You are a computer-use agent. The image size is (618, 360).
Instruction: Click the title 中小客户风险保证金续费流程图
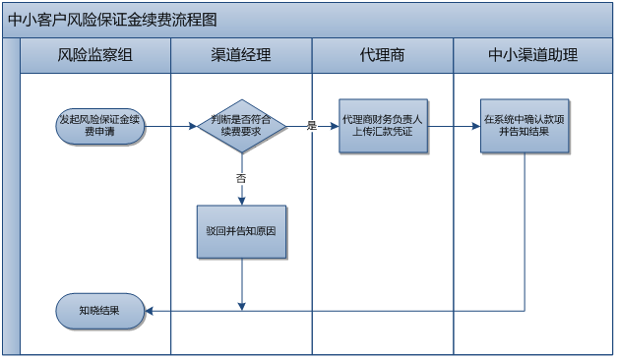[112, 20]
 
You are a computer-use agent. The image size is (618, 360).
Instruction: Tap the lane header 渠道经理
[241, 55]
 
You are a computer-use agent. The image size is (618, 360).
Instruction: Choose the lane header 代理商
[383, 55]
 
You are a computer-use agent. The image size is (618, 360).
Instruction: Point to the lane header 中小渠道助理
[532, 55]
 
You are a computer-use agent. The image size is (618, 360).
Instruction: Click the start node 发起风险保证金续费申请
[100, 126]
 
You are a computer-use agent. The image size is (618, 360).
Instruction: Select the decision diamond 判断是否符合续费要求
[241, 126]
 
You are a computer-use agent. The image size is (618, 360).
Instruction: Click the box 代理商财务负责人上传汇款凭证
[383, 126]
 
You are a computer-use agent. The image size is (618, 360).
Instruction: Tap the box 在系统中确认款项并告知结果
[525, 126]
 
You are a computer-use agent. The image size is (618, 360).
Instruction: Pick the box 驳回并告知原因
[241, 232]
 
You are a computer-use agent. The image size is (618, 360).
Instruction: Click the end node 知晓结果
[100, 311]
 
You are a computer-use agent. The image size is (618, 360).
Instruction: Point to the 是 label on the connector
[311, 126]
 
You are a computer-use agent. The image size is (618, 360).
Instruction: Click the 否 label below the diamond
[241, 179]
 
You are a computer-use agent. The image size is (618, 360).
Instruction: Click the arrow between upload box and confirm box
[453, 126]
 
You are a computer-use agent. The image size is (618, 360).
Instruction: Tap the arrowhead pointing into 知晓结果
[150, 311]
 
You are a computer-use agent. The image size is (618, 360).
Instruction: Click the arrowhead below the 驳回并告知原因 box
[241, 306]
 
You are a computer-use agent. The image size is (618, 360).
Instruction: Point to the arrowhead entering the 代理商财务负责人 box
[335, 126]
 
